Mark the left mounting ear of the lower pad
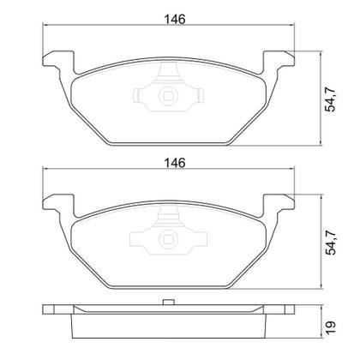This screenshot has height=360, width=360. click(53, 206)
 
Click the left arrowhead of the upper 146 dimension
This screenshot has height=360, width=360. click(45, 27)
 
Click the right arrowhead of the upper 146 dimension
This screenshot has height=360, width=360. click(294, 27)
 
